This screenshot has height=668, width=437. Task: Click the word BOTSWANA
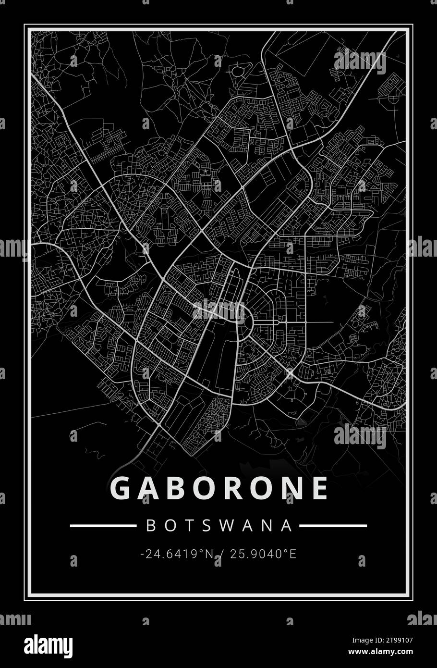219,525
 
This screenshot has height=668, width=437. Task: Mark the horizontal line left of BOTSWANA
103,526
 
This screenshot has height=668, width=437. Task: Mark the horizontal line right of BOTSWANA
333,526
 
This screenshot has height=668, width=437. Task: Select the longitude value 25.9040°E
263,554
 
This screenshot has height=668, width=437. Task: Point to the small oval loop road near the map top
238,72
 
